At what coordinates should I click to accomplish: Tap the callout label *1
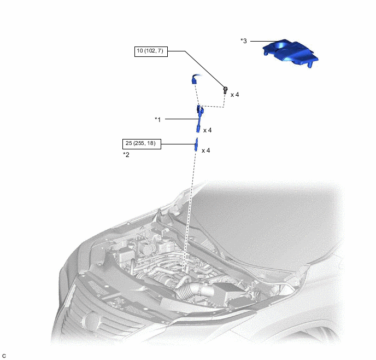pyautogui.click(x=158, y=119)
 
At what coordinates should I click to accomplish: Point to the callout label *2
pyautogui.click(x=126, y=155)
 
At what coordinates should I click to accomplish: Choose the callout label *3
pyautogui.click(x=244, y=41)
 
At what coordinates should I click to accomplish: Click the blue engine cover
pyautogui.click(x=290, y=53)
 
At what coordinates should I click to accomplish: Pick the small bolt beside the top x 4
pyautogui.click(x=225, y=90)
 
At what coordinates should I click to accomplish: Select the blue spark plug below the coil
pyautogui.click(x=196, y=144)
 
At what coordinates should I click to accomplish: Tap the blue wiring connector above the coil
pyautogui.click(x=195, y=79)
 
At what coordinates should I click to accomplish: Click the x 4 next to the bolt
pyautogui.click(x=235, y=95)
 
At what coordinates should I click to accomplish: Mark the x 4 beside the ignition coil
pyautogui.click(x=208, y=130)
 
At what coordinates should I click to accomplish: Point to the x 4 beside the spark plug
pyautogui.click(x=205, y=150)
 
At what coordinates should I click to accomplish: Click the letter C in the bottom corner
pyautogui.click(x=4, y=356)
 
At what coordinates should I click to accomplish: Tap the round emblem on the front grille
pyautogui.click(x=92, y=320)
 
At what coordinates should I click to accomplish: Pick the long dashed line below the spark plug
pyautogui.click(x=189, y=212)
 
